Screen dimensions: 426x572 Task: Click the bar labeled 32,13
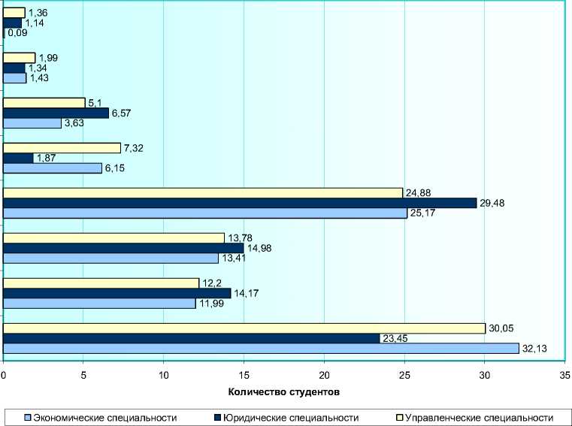click(261, 348)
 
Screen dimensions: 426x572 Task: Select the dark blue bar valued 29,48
click(240, 203)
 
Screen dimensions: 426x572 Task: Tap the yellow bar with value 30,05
click(244, 328)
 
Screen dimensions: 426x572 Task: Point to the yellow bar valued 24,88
click(203, 193)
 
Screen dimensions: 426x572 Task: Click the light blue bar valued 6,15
click(53, 168)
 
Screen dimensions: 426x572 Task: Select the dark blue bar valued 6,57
click(56, 113)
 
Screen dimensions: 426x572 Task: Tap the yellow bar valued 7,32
click(62, 148)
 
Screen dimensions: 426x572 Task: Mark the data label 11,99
click(212, 304)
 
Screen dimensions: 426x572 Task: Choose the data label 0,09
click(17, 34)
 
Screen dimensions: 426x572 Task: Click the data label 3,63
click(74, 124)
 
